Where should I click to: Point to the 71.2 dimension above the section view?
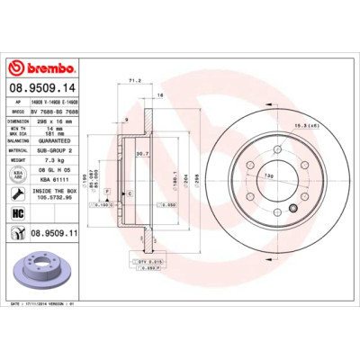[135, 80]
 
